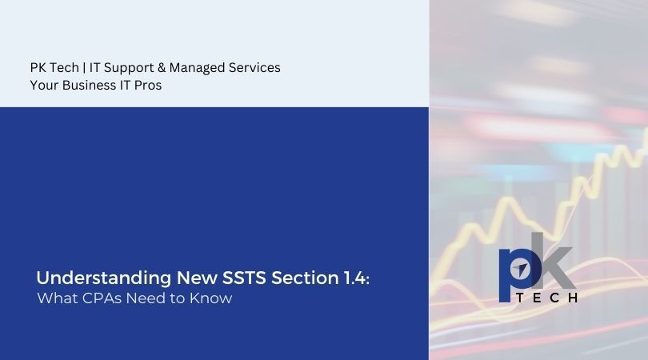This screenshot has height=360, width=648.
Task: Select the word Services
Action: coord(254,68)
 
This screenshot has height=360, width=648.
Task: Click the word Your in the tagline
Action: coord(44,86)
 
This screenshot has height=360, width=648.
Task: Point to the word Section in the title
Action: coord(300,278)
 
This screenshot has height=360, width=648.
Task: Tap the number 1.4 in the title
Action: coord(354,278)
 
